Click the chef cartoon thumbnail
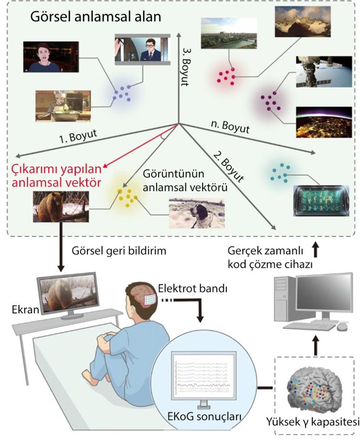click(x=63, y=106)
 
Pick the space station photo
click(x=320, y=72)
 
